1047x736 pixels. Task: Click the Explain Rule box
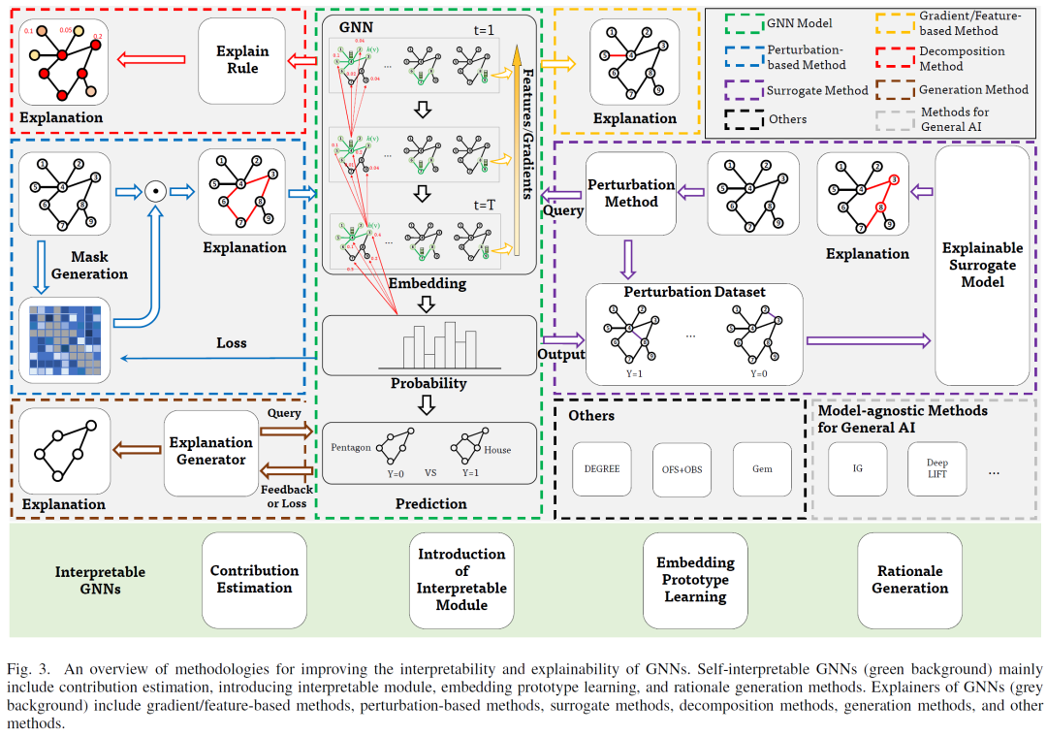pos(242,61)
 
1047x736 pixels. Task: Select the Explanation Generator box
pos(210,451)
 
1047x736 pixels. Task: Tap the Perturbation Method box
pos(631,193)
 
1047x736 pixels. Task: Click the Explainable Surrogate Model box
pos(981,264)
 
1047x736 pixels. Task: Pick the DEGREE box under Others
pos(602,469)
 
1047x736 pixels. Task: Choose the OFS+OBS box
pos(682,469)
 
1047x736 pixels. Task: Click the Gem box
pos(762,469)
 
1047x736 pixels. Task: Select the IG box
pos(858,469)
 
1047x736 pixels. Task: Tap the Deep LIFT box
pos(936,469)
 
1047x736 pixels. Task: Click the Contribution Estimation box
pos(254,579)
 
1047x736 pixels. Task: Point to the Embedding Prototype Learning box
pos(695,580)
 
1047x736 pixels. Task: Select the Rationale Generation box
pos(909,580)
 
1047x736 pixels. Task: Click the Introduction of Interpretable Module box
pos(461,579)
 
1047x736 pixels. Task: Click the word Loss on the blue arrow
pos(232,343)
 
